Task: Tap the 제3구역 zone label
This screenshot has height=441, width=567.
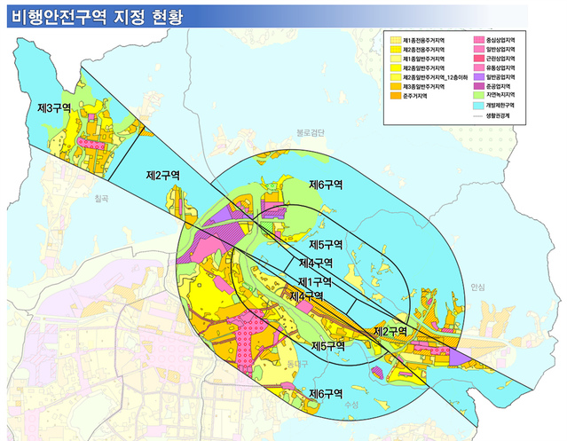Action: click(x=56, y=107)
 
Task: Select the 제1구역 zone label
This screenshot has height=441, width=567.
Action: click(x=314, y=280)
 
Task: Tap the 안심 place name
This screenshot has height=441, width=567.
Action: click(x=479, y=287)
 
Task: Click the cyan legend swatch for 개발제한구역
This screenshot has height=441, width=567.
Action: click(x=478, y=105)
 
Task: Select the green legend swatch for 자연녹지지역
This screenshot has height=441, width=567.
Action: click(x=478, y=95)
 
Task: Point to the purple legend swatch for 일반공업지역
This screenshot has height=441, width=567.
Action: click(x=478, y=77)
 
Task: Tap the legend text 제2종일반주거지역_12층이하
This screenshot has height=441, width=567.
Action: click(x=436, y=77)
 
